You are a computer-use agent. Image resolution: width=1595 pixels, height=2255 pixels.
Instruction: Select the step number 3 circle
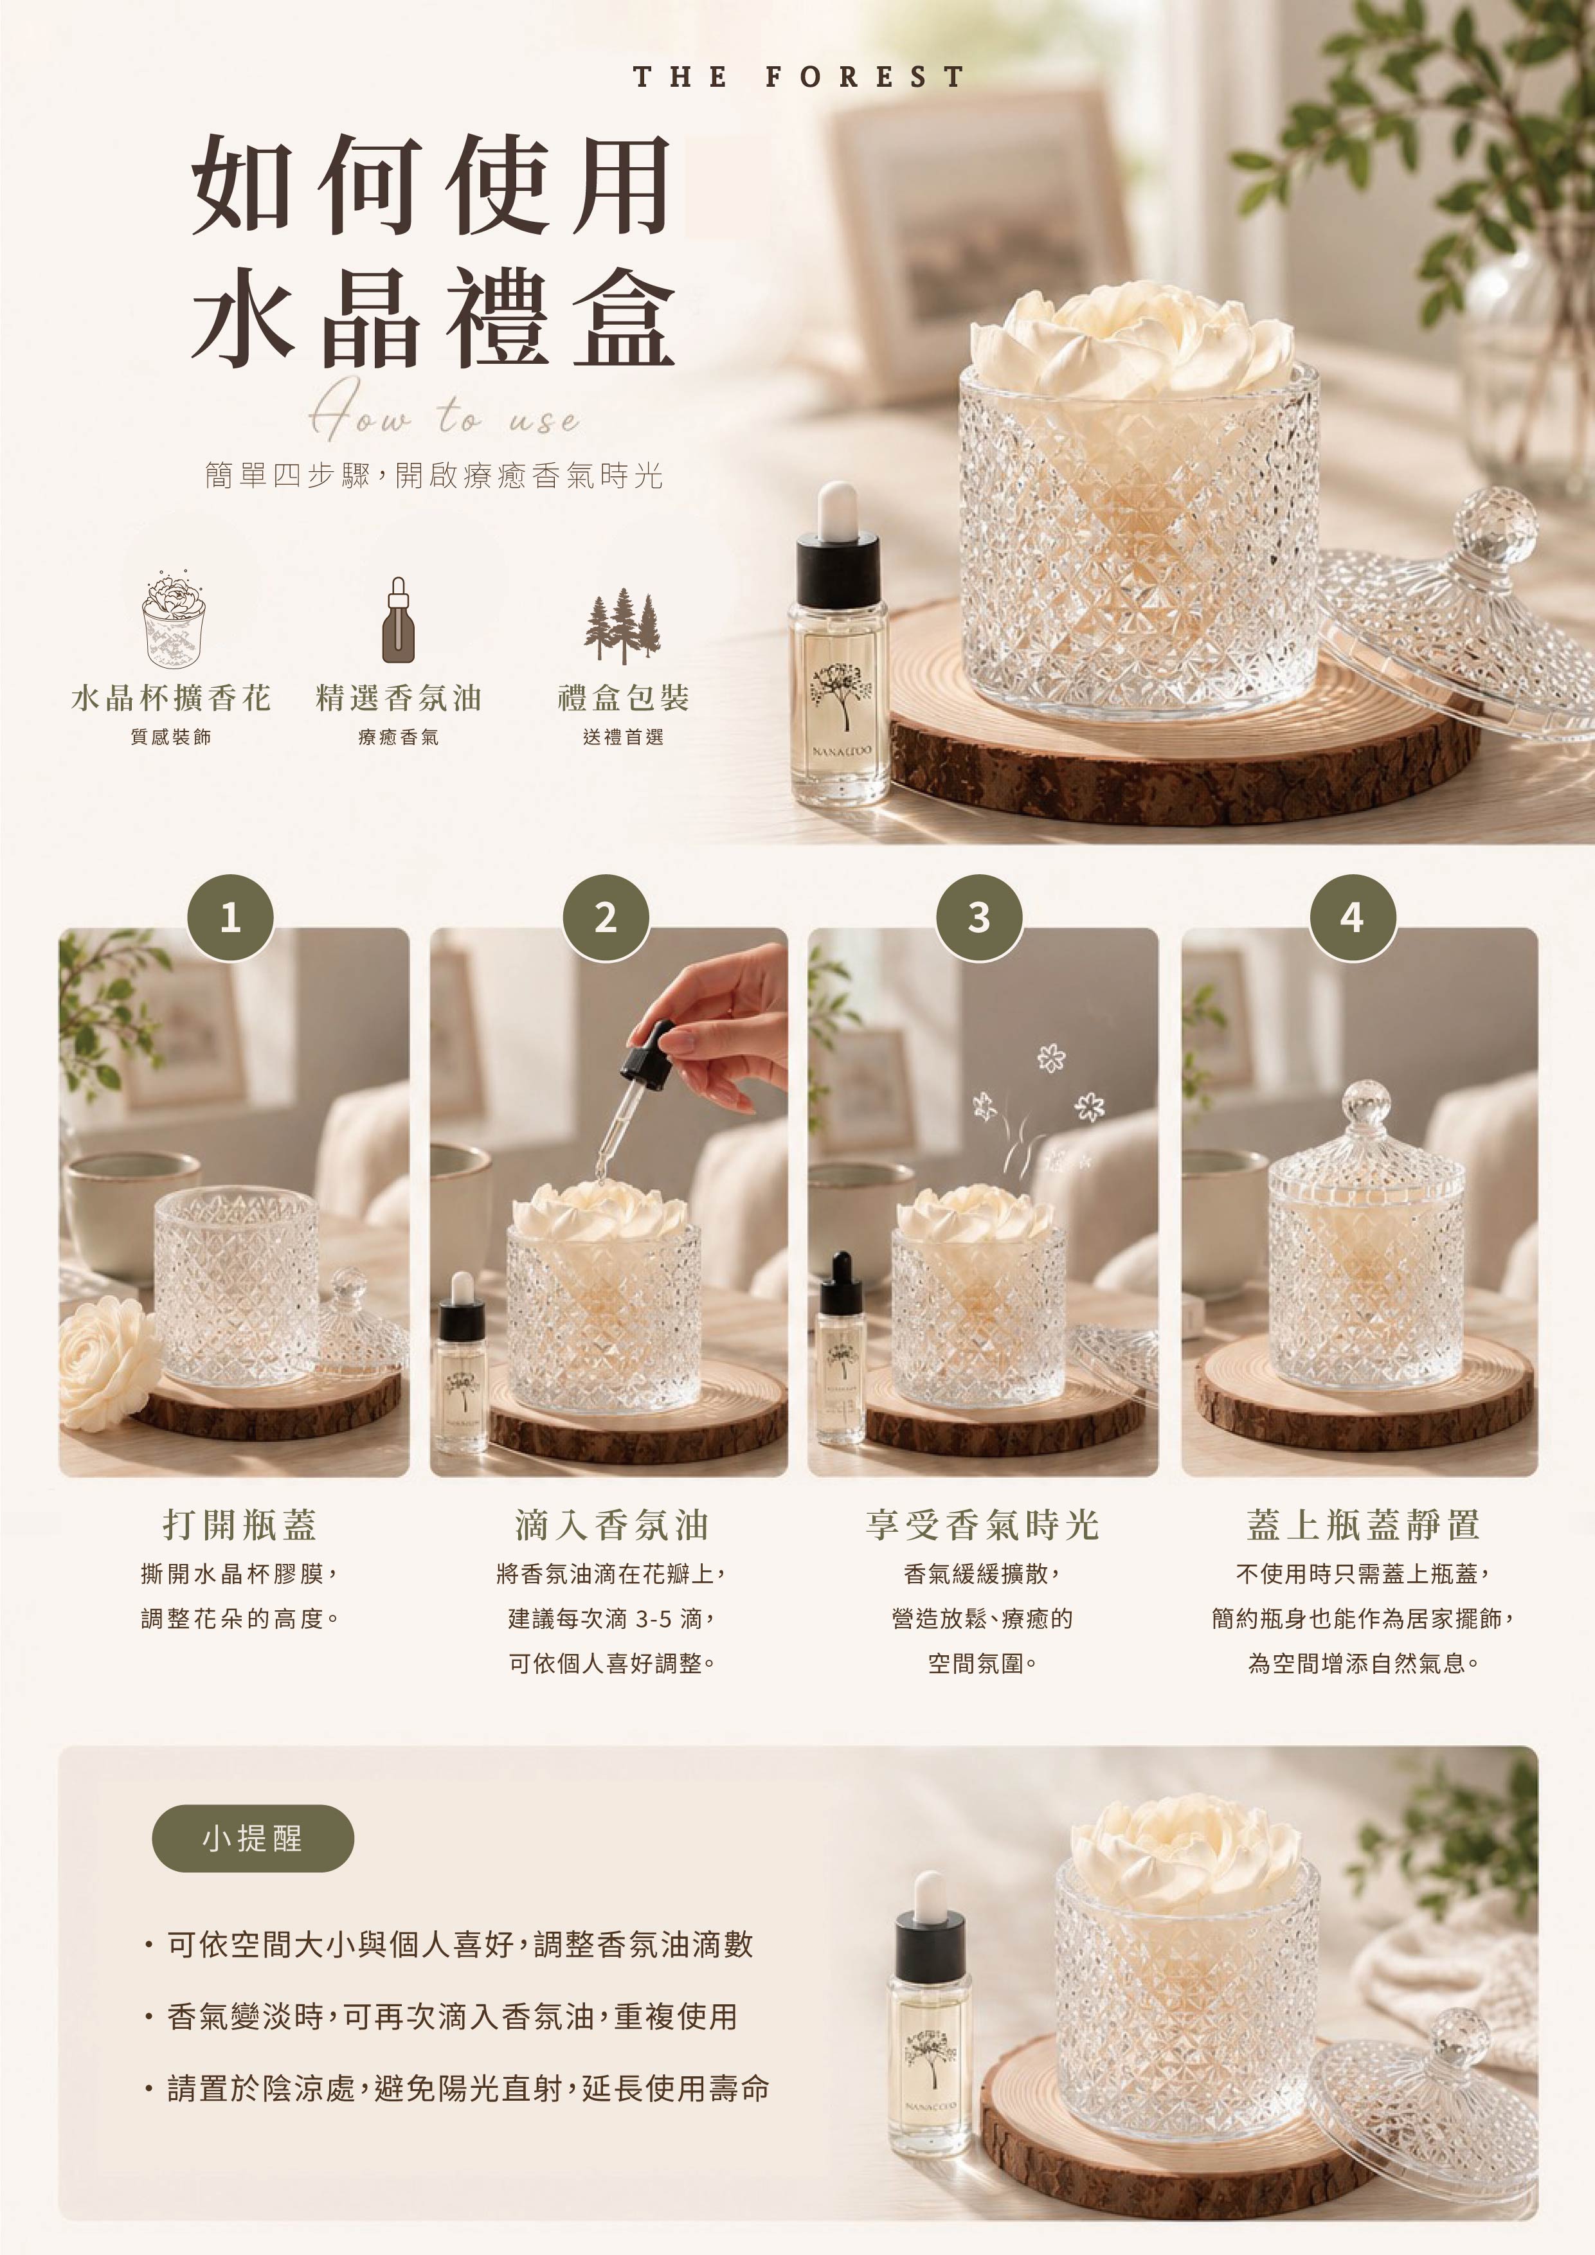pos(978,917)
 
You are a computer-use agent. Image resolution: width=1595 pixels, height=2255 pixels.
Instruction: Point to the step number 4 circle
pos(1353,917)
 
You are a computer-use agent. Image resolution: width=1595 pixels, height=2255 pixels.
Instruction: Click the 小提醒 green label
pos(253,1838)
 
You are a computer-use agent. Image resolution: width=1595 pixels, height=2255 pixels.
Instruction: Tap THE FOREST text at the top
pos(798,76)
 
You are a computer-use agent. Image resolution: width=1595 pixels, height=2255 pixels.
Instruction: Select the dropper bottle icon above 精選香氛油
pos(398,620)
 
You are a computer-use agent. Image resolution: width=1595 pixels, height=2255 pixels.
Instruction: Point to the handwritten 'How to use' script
pos(444,413)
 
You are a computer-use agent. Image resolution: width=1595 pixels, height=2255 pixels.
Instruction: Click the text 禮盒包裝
pos(624,698)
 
